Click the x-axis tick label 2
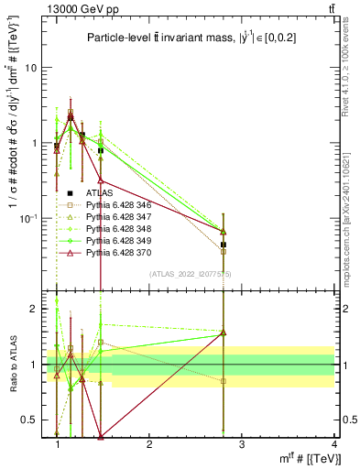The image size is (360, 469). [149, 443]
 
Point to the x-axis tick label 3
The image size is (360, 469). [242, 443]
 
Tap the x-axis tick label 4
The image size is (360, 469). [333, 443]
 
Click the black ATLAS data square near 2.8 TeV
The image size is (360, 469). [224, 245]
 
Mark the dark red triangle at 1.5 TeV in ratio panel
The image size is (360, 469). [101, 436]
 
